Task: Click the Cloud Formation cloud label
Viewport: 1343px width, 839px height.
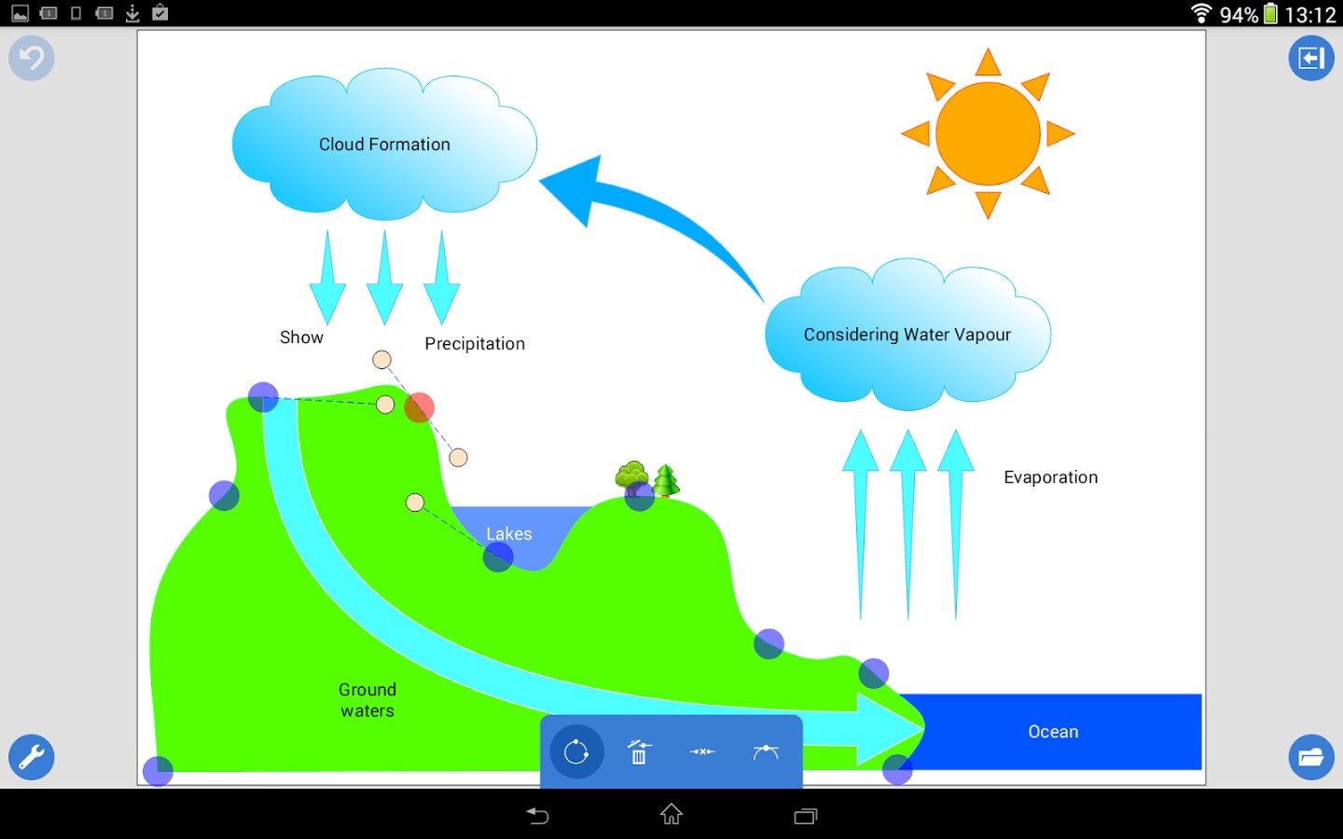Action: click(384, 144)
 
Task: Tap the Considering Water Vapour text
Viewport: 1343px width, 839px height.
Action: click(907, 335)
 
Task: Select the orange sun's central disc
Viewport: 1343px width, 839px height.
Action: click(988, 133)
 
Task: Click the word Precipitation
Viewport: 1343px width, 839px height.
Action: click(475, 344)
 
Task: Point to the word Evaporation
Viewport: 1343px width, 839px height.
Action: click(1050, 477)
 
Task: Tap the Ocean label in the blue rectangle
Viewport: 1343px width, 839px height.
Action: click(1053, 732)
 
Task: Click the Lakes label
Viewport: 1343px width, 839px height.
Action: click(508, 534)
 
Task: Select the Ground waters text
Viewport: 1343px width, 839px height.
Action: click(367, 700)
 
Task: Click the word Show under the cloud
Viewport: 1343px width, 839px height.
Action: click(301, 337)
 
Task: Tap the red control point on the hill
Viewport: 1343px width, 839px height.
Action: click(420, 407)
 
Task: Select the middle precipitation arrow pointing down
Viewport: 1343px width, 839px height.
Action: click(384, 280)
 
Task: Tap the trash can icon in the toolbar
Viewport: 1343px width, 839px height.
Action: click(639, 751)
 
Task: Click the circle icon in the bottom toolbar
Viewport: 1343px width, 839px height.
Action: click(576, 751)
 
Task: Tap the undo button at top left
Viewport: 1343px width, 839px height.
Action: click(32, 58)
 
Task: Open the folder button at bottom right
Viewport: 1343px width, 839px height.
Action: click(1310, 757)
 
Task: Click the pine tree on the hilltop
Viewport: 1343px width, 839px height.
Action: click(666, 480)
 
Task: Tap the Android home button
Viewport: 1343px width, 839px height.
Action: click(671, 815)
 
